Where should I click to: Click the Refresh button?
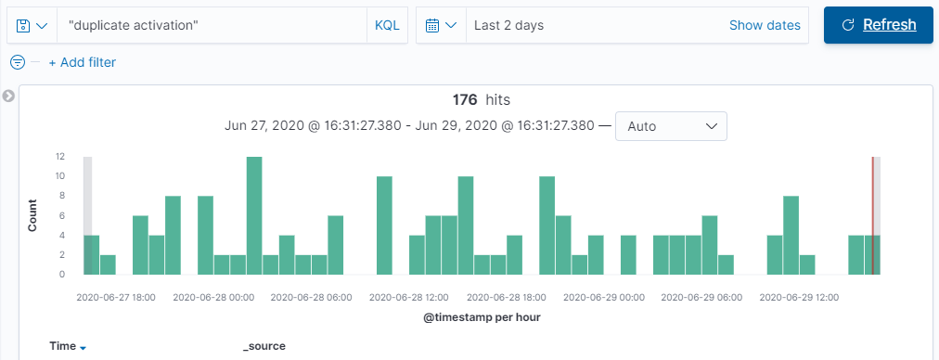[878, 25]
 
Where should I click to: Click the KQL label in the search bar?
[387, 25]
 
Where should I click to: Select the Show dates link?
[765, 25]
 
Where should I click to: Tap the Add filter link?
[82, 62]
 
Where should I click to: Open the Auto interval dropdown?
[671, 126]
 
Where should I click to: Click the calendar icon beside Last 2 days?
[432, 25]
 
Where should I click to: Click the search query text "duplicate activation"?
[134, 25]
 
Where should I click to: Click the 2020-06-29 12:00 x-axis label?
[800, 298]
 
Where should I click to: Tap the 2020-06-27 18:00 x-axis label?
[116, 298]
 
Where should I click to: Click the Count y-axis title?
[32, 214]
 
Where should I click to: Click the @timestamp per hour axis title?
[482, 317]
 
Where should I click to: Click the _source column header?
[264, 346]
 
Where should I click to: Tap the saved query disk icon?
[24, 25]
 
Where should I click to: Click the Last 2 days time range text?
[508, 25]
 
